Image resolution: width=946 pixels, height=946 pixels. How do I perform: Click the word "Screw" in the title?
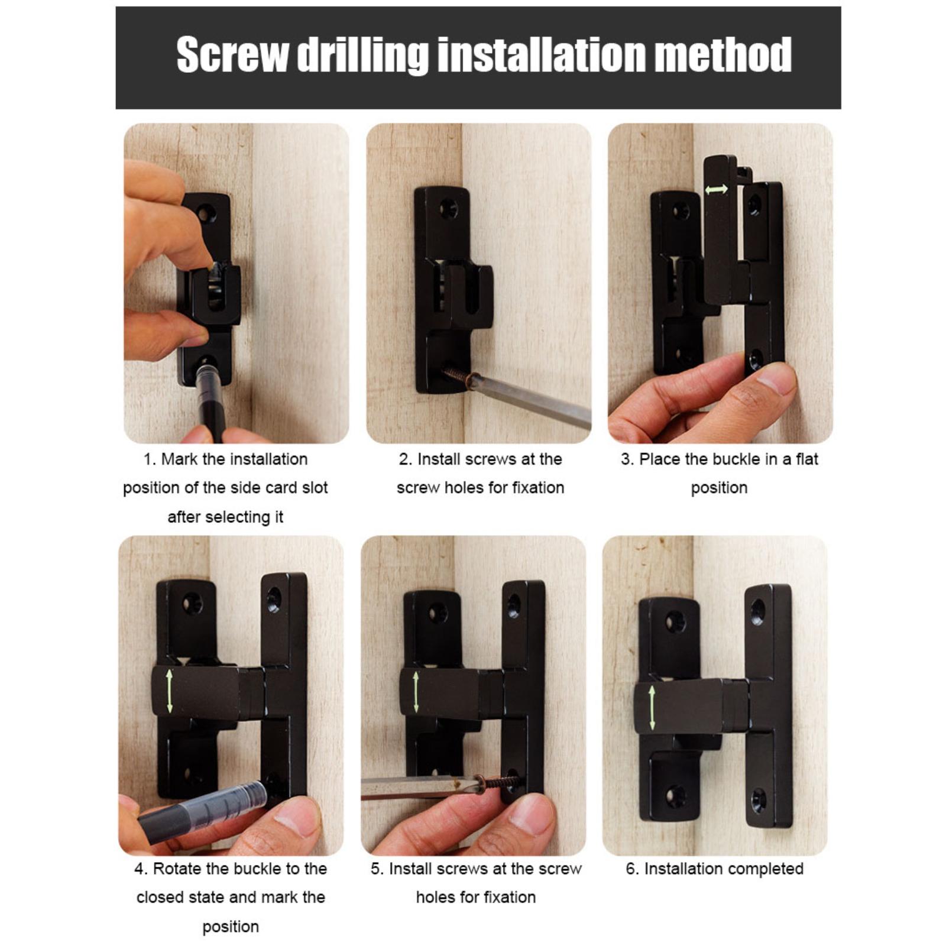[232, 54]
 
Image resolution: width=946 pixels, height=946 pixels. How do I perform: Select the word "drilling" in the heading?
[362, 56]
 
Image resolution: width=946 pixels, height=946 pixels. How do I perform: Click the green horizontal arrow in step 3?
[716, 190]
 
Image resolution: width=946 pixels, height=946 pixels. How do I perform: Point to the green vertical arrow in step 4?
[170, 691]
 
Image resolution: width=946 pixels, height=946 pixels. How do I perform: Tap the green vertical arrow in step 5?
[416, 692]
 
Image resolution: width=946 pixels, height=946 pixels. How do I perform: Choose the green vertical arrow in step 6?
[652, 708]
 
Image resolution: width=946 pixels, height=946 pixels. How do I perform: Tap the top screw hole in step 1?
[207, 212]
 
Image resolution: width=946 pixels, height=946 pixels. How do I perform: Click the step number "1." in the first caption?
[150, 459]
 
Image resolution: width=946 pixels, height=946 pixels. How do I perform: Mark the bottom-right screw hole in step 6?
[759, 801]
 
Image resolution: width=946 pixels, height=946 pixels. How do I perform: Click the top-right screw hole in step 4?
[274, 600]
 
